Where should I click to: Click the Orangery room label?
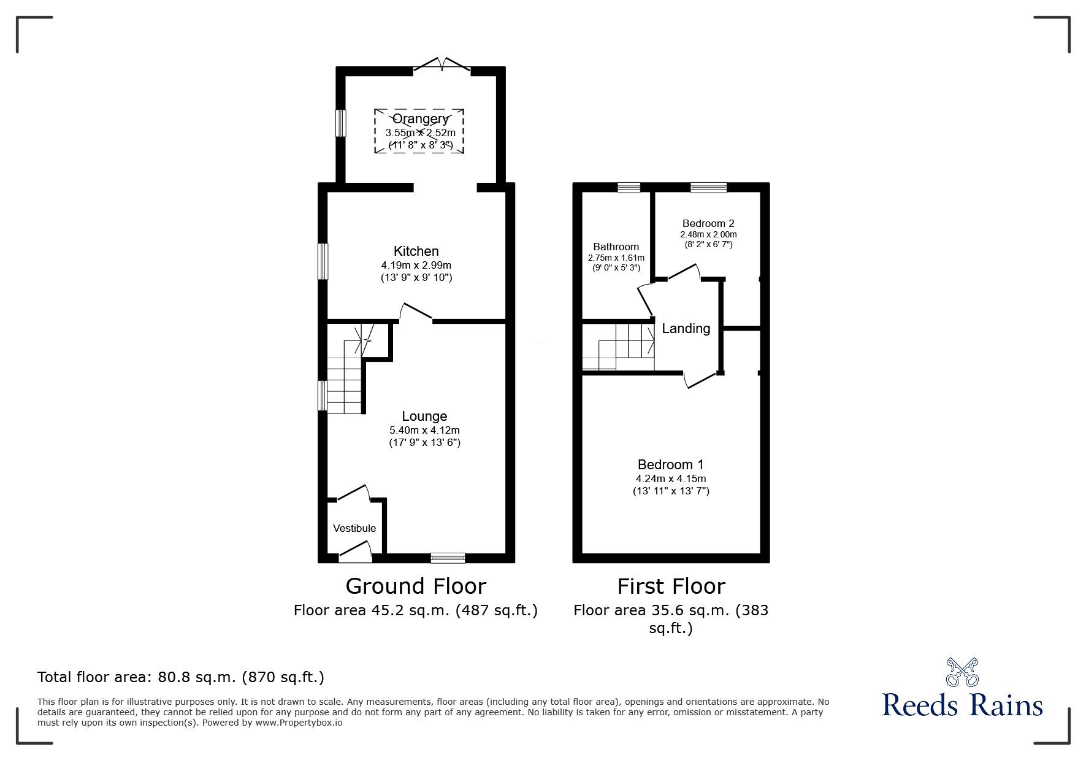click(x=420, y=119)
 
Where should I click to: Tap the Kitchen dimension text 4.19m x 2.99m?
click(x=416, y=265)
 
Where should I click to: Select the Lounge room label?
click(x=424, y=416)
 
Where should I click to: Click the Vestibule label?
click(x=354, y=528)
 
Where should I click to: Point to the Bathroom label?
click(x=616, y=247)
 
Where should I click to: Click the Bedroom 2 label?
click(x=708, y=223)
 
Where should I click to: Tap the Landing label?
click(x=686, y=329)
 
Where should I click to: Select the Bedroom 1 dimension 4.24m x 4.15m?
click(x=671, y=478)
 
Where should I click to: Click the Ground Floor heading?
click(x=416, y=586)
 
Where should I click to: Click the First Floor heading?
click(x=671, y=586)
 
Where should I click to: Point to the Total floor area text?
click(x=181, y=677)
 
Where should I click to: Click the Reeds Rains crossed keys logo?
click(x=962, y=672)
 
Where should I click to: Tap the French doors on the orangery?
click(x=442, y=65)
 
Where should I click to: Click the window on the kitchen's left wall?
click(x=323, y=262)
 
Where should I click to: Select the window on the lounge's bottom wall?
click(x=448, y=558)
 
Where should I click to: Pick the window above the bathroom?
click(x=629, y=188)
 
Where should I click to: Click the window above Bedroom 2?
click(x=708, y=188)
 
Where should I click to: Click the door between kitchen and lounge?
click(x=417, y=313)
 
